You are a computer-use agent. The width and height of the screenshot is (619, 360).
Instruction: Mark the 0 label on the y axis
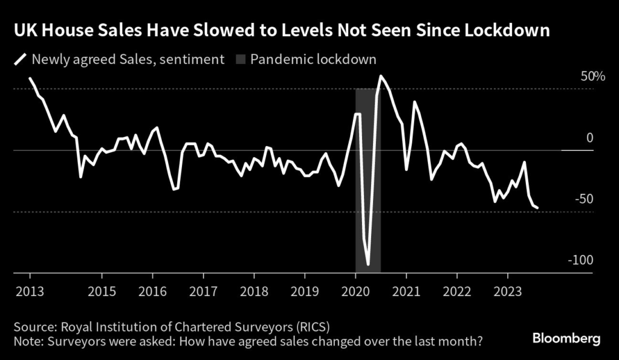click(x=590, y=138)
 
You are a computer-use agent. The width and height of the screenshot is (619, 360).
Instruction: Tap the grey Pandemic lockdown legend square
click(x=240, y=59)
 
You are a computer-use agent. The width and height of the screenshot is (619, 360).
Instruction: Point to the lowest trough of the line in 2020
click(x=368, y=264)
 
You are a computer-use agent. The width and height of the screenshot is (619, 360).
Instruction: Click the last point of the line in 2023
click(x=537, y=208)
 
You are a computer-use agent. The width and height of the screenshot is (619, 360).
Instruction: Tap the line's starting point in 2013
click(x=30, y=79)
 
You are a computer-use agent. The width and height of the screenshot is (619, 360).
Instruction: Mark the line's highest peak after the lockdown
click(x=381, y=76)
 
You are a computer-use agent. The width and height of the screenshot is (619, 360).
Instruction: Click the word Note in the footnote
click(x=28, y=341)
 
